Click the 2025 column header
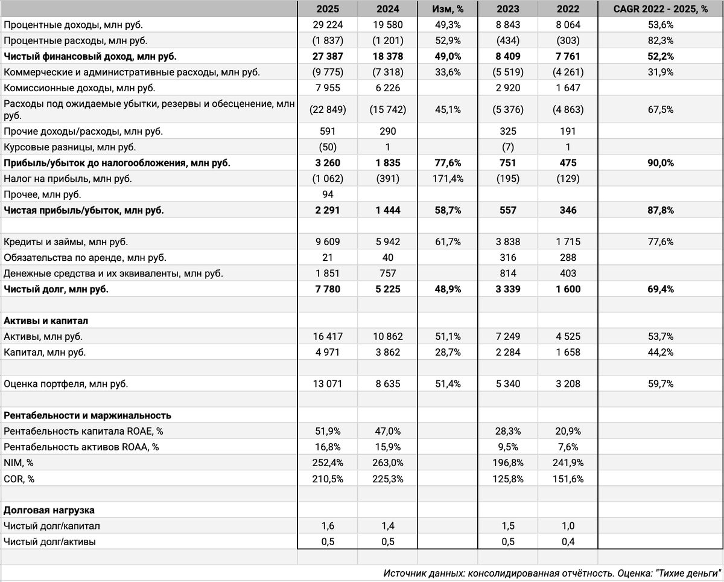point(326,9)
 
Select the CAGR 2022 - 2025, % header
point(660,9)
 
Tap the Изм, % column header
point(447,9)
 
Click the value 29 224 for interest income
point(326,25)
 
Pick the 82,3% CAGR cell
point(660,40)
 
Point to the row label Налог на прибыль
point(68,179)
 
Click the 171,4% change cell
point(447,179)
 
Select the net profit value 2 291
point(326,210)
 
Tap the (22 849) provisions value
point(326,110)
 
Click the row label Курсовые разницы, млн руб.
point(70,147)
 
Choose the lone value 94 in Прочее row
point(326,194)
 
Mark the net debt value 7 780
point(326,289)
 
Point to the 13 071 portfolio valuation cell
point(326,383)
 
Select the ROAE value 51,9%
point(326,431)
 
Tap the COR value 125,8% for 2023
point(507,478)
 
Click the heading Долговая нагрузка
point(49,510)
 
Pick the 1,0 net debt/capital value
point(567,526)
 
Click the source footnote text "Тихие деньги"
point(688,573)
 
